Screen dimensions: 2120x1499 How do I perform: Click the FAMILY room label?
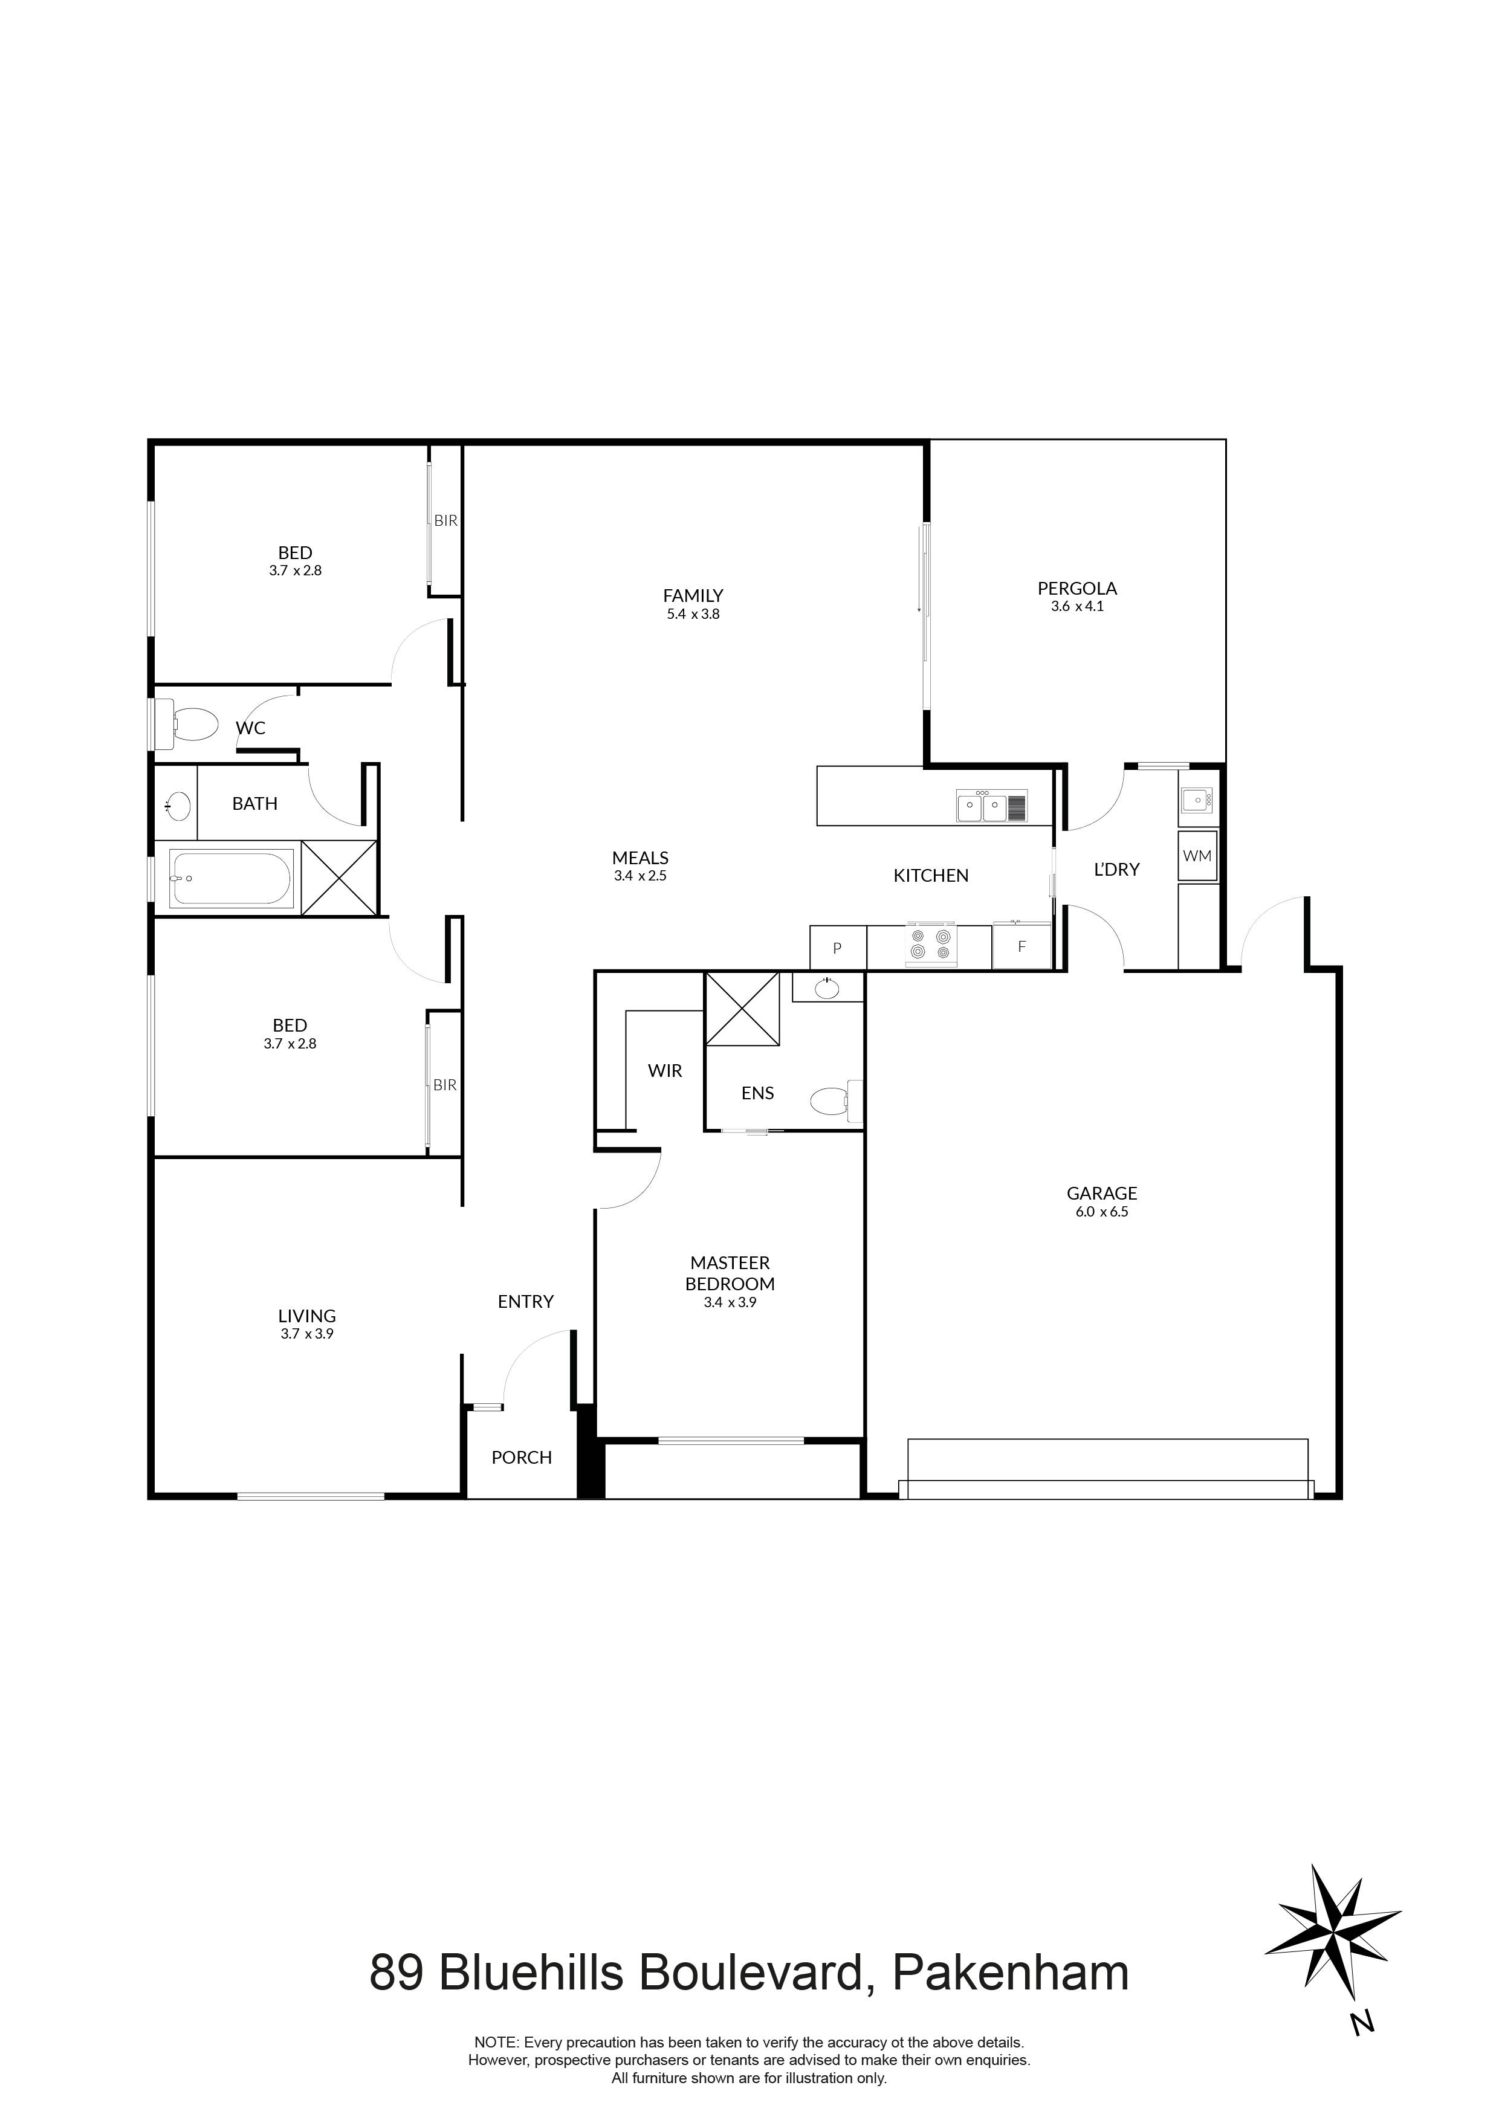(x=693, y=595)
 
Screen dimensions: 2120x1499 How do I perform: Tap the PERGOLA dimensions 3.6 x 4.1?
(x=1077, y=607)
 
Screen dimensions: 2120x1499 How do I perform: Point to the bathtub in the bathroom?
(x=232, y=879)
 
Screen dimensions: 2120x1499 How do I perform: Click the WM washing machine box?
(x=1197, y=856)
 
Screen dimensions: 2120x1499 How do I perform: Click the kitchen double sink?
(x=982, y=807)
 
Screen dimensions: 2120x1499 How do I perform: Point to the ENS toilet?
(x=831, y=1100)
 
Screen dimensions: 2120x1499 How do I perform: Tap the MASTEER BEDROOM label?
(x=730, y=1272)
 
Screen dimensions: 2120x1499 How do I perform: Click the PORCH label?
(x=521, y=1457)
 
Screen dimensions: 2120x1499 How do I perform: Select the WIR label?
(x=665, y=1070)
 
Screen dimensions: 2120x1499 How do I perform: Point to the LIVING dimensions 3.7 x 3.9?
(x=306, y=1333)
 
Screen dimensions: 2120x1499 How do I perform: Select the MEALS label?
(x=640, y=858)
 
